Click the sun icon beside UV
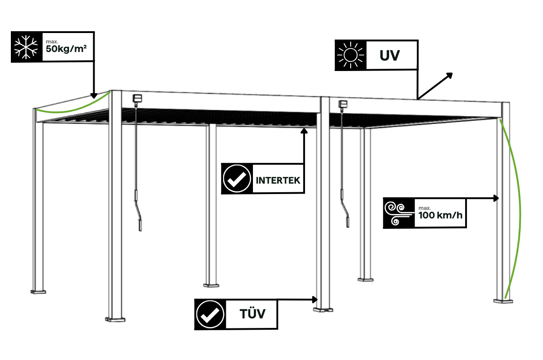350,55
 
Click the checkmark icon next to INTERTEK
237,179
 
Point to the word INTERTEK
278,180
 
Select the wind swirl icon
398,213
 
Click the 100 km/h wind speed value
441,215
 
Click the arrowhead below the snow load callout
94,95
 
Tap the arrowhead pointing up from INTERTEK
304,131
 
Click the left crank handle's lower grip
140,225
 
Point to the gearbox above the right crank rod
343,104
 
